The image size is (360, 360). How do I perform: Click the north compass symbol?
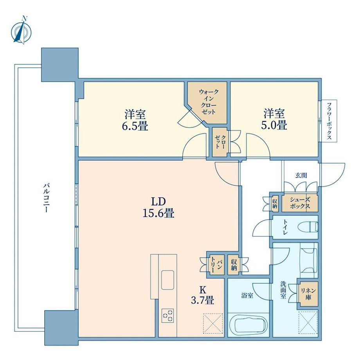22,31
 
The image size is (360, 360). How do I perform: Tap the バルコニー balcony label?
47,198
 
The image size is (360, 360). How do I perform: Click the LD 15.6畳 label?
158,207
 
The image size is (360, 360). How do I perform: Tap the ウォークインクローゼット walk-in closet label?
209,102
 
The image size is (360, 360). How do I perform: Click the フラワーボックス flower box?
329,121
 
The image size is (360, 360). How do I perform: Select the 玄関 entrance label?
301,176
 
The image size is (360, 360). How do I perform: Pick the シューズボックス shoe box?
300,203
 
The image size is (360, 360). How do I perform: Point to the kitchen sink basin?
167,280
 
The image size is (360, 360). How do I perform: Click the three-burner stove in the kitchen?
167,316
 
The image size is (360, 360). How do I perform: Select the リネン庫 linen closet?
308,294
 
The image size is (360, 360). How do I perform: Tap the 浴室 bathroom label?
247,295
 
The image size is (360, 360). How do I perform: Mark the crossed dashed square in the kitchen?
213,324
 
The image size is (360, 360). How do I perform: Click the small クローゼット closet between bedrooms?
220,142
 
